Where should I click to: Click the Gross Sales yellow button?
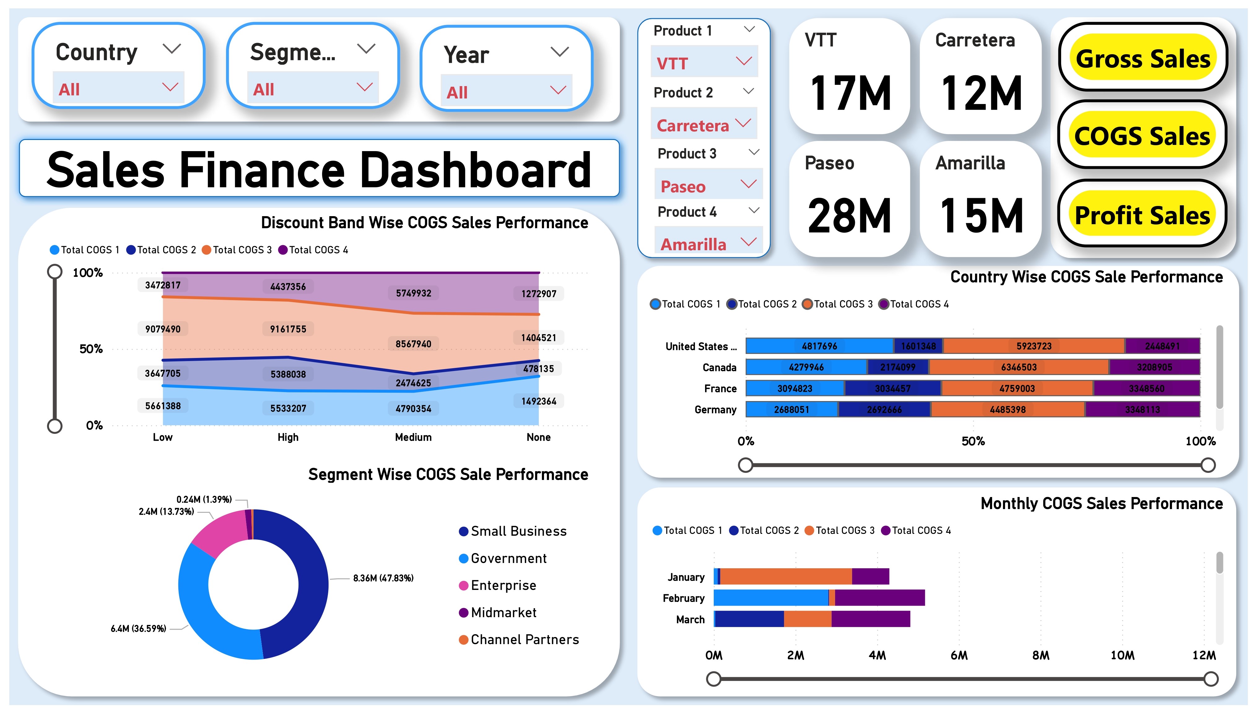click(1142, 58)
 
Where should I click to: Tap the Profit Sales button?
click(1142, 215)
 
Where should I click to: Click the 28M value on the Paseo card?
click(849, 216)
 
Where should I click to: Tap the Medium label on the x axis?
click(413, 437)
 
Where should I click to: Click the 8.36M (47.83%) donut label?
click(383, 578)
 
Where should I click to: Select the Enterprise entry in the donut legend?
click(503, 586)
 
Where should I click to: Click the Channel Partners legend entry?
click(524, 640)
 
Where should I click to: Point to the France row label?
click(720, 389)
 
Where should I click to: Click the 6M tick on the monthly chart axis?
click(959, 655)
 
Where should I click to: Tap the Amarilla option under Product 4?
click(694, 244)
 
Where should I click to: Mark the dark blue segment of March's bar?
click(749, 619)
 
